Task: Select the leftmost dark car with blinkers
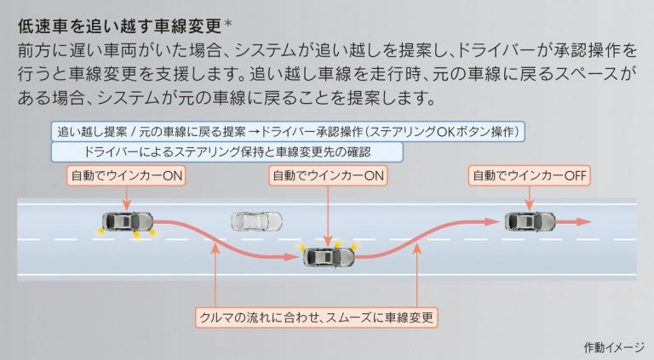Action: pos(126,221)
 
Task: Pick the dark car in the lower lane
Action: pos(328,256)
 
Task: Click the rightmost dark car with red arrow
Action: pos(530,221)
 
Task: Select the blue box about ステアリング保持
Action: pos(227,152)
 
